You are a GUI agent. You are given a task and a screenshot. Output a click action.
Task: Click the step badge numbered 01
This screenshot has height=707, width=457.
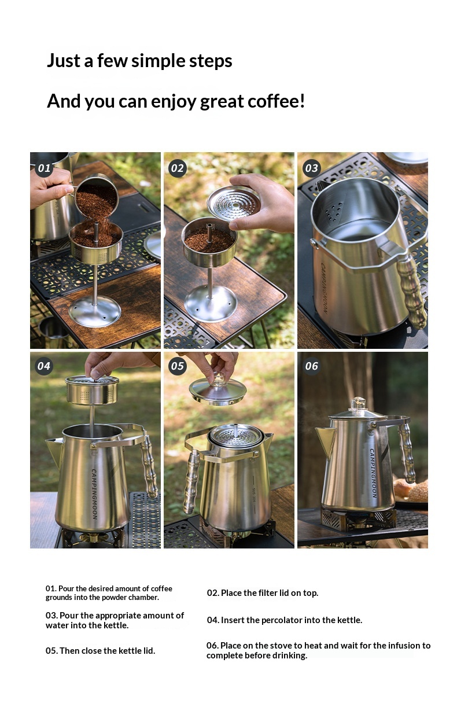tap(44, 168)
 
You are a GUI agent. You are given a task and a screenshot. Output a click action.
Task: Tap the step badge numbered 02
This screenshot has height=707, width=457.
tap(178, 168)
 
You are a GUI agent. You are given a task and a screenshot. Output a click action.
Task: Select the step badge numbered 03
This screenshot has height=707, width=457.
tap(311, 168)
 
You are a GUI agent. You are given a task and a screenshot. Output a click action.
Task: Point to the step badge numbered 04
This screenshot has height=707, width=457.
tap(44, 366)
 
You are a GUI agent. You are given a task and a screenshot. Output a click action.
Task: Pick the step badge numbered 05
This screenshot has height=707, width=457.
tap(178, 366)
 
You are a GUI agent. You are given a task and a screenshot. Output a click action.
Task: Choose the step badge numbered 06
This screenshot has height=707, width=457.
tap(311, 366)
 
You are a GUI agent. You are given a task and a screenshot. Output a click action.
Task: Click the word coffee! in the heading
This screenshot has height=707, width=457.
tap(276, 101)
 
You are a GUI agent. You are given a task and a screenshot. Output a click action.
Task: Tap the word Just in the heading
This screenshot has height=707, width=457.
tap(64, 60)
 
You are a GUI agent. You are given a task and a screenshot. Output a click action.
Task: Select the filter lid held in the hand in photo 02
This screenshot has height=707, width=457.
tap(234, 202)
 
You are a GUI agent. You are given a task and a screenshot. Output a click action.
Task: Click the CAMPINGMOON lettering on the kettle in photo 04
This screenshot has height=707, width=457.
tap(94, 494)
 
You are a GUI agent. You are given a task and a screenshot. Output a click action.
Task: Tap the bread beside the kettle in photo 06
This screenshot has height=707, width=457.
tap(411, 490)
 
